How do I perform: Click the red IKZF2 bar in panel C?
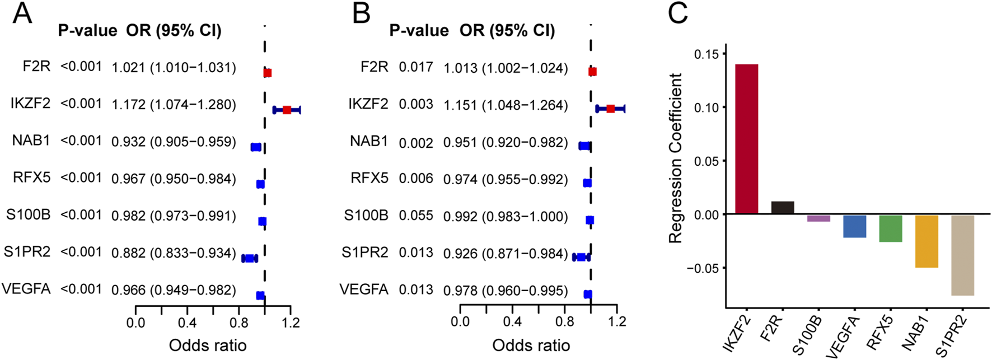tap(747, 139)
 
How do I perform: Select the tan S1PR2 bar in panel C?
tap(962, 255)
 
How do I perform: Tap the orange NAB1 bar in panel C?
tap(927, 241)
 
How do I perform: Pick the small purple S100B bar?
tap(818, 218)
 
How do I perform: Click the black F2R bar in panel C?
tap(783, 208)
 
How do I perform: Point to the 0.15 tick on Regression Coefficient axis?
tap(706, 54)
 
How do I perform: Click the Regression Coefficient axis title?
tap(676, 158)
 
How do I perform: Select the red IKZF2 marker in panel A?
tap(287, 110)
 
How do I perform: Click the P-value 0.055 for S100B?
tap(416, 216)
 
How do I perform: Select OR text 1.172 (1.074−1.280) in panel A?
tap(174, 105)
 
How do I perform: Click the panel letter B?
tap(362, 13)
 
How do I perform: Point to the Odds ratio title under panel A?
tap(208, 345)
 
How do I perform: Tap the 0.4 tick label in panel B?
tap(512, 322)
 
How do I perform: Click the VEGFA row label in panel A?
tap(26, 289)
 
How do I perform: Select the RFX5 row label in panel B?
tap(369, 178)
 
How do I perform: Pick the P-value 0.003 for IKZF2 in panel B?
tap(416, 104)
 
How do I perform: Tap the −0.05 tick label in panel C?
tap(703, 268)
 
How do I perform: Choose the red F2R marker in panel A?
tap(268, 73)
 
